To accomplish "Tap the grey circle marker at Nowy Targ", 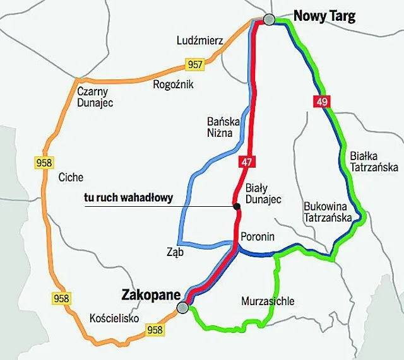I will pos(270,20).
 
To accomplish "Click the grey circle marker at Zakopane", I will pos(182,307).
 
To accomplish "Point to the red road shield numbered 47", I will pos(246,162).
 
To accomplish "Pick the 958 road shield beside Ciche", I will pos(44,163).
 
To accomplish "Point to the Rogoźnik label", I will pos(173,84).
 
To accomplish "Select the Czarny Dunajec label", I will pos(95,97).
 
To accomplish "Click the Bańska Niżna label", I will pos(220,127).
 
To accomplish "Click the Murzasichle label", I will pos(268,301).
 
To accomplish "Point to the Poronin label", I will pos(257,236).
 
